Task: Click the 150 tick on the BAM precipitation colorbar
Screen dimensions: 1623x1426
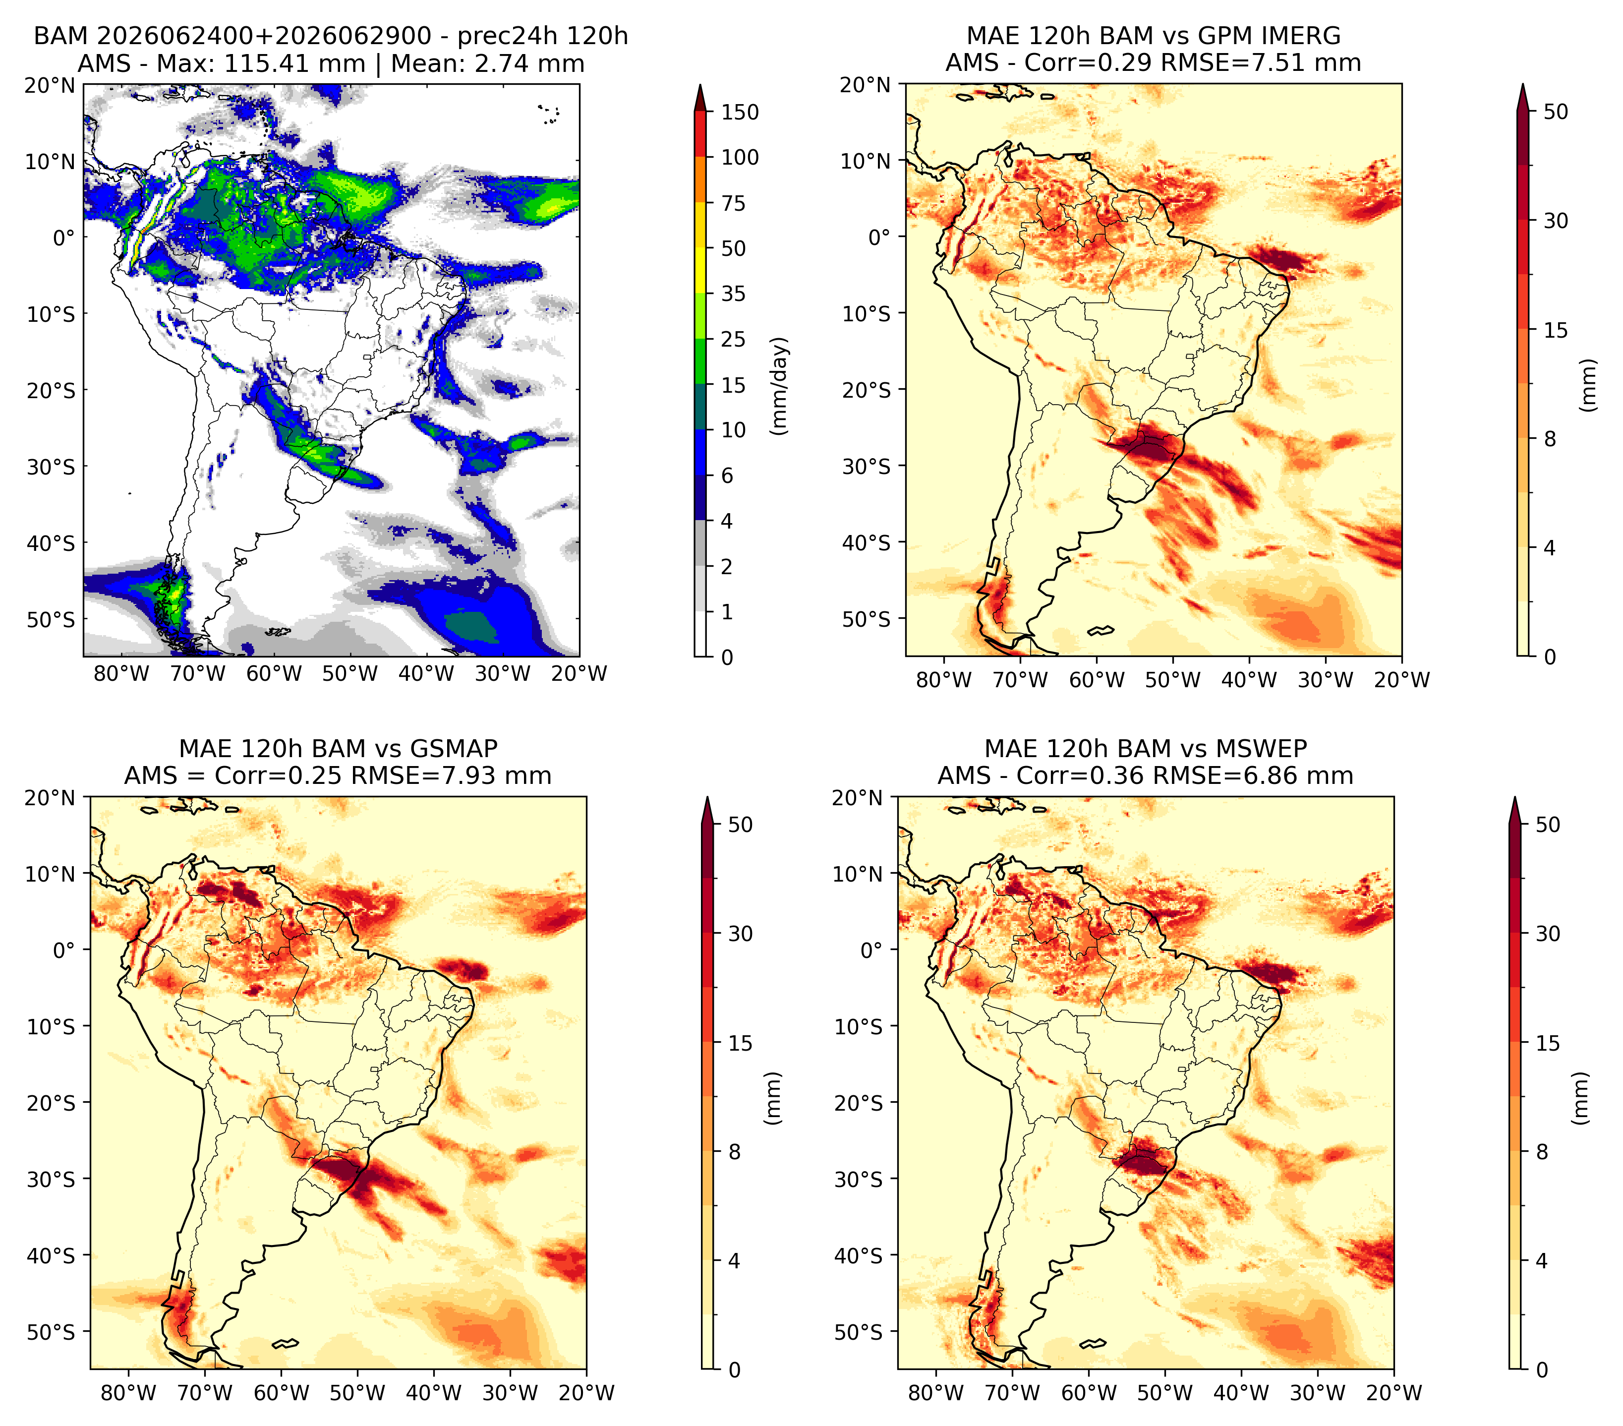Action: tap(739, 112)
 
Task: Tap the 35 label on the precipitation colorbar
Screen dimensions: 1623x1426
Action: tap(733, 294)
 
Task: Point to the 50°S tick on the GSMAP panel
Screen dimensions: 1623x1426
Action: tap(54, 1331)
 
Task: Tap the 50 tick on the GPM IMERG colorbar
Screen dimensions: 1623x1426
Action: tap(1556, 112)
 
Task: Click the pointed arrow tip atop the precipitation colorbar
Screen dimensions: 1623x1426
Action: tap(699, 85)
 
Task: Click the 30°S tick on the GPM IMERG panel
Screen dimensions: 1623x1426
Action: tap(869, 466)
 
